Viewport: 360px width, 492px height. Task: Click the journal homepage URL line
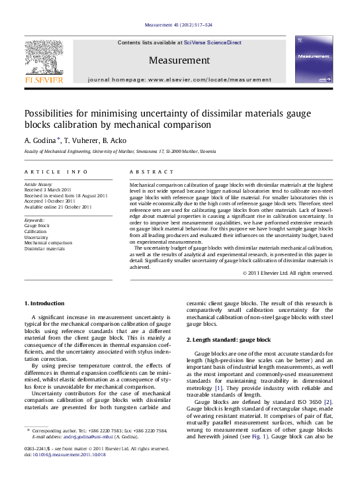tap(179, 79)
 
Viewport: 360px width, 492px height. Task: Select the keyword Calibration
tap(36, 231)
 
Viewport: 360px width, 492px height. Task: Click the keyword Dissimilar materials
tap(44, 249)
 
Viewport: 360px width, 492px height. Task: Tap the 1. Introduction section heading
tap(44, 303)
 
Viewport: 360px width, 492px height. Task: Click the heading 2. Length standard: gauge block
tap(228, 339)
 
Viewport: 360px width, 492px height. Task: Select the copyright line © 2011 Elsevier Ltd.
tap(287, 273)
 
